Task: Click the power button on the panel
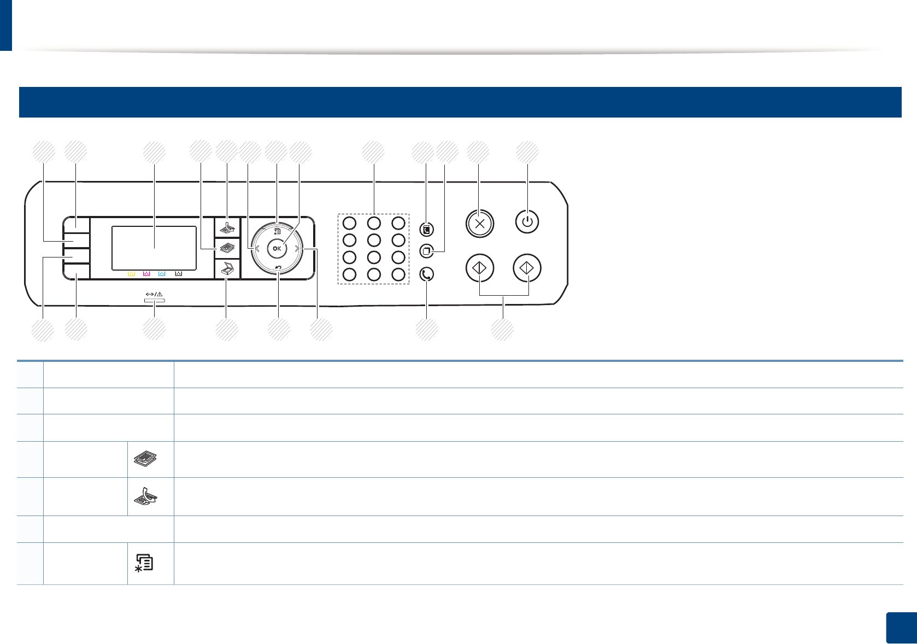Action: click(527, 223)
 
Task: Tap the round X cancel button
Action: click(479, 223)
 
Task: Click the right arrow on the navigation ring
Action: click(297, 249)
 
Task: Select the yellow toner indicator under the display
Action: click(131, 273)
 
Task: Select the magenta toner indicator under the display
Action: click(146, 273)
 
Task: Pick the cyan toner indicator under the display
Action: click(162, 273)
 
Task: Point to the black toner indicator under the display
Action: click(178, 273)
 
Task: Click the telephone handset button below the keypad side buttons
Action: click(427, 274)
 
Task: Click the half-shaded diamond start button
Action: click(479, 268)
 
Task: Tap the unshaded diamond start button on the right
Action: click(527, 268)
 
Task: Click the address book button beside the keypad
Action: click(427, 229)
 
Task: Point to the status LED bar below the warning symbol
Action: click(154, 300)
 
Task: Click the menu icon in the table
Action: click(145, 563)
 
